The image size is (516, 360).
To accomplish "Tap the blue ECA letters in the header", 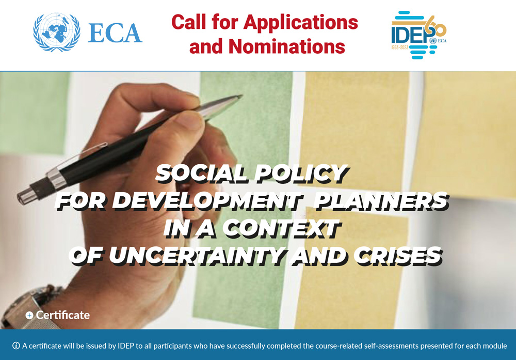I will [115, 33].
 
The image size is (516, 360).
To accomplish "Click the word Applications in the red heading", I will [301, 22].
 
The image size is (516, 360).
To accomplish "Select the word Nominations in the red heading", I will [287, 47].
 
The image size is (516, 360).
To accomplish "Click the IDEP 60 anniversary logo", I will [418, 34].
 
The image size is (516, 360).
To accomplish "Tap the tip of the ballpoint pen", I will [239, 96].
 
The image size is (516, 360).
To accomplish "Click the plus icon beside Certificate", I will [29, 315].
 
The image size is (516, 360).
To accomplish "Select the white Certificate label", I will [63, 315].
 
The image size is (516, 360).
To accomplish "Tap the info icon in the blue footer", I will [16, 346].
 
